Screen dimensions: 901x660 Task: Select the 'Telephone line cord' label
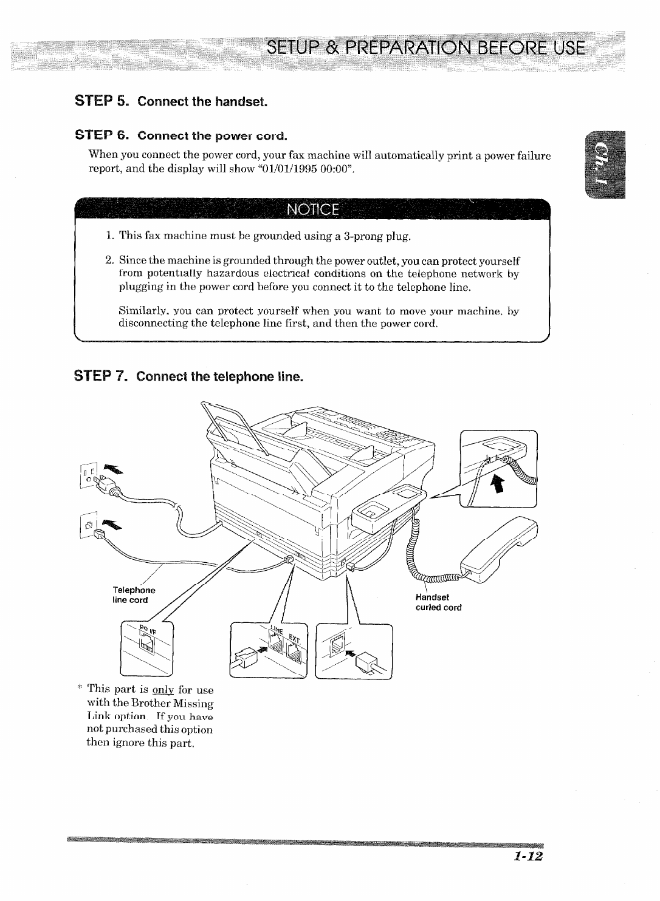134,594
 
